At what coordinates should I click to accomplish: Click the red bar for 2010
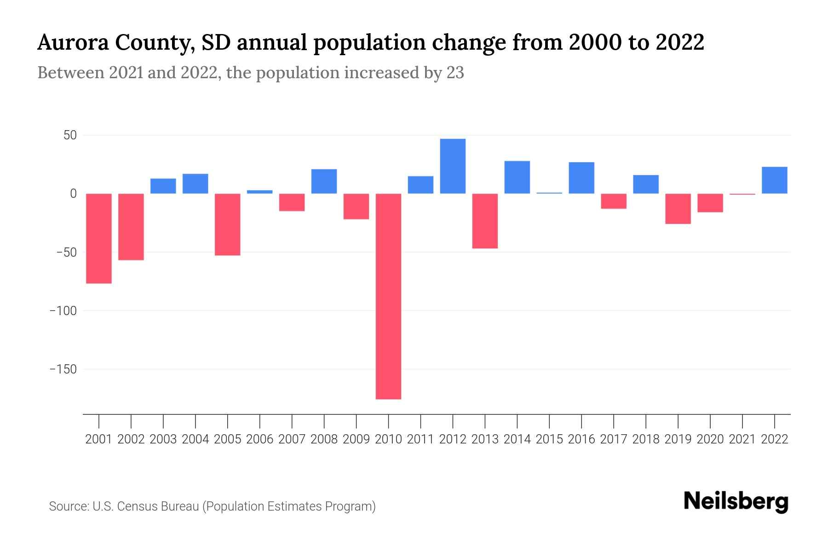click(388, 296)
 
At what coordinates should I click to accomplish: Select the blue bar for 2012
click(453, 166)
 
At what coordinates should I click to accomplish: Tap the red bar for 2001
click(99, 238)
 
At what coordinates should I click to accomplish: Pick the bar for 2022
click(775, 180)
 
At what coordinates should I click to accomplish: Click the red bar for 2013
click(485, 221)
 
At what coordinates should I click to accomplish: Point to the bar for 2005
click(228, 224)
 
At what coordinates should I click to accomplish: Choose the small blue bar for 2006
click(260, 192)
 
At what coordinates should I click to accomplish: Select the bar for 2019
click(678, 209)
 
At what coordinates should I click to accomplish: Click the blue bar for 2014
click(517, 177)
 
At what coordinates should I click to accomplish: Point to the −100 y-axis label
click(63, 311)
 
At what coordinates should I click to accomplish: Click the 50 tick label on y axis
click(70, 135)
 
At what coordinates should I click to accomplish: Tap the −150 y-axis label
click(63, 369)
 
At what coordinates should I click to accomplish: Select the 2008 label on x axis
click(324, 439)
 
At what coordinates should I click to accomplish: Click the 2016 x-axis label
click(581, 439)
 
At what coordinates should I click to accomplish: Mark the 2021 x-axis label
click(742, 439)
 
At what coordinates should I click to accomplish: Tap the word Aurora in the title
click(74, 43)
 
